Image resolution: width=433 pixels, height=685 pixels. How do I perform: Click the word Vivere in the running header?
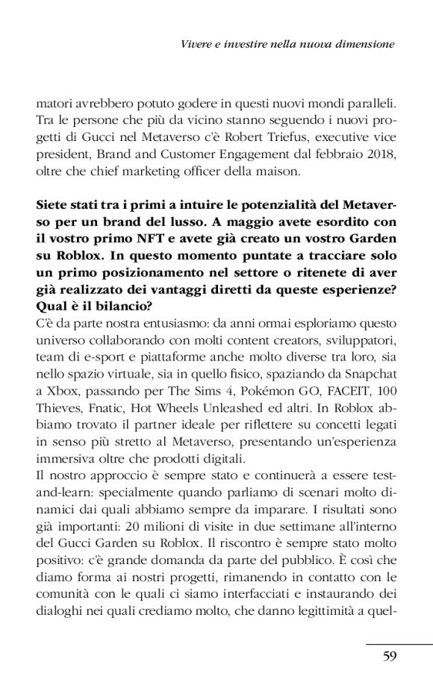pos(198,45)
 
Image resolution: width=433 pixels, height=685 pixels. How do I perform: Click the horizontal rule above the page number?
pos(399,643)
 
